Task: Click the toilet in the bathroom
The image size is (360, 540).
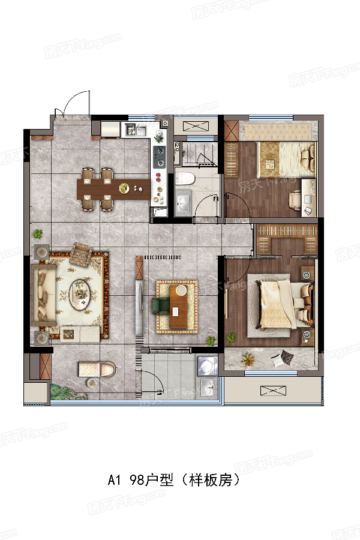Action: pos(185,178)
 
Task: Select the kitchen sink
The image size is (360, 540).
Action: pos(136,130)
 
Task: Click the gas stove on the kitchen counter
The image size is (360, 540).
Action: pos(160,157)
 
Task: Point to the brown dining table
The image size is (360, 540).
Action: pos(113,189)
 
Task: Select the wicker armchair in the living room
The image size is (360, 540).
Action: pos(80,254)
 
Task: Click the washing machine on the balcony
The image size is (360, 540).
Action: pos(208,365)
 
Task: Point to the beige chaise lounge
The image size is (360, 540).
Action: pos(97,369)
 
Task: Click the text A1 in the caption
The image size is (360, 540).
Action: pos(114,479)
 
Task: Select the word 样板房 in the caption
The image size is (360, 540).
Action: pos(211,479)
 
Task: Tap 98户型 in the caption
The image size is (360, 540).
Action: pos(151,479)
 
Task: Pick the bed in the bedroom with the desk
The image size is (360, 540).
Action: pos(286,160)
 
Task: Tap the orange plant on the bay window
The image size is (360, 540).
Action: pos(248,360)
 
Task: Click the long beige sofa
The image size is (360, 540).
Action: pos(43,295)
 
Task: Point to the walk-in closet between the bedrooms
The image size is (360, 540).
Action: pos(287,239)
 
